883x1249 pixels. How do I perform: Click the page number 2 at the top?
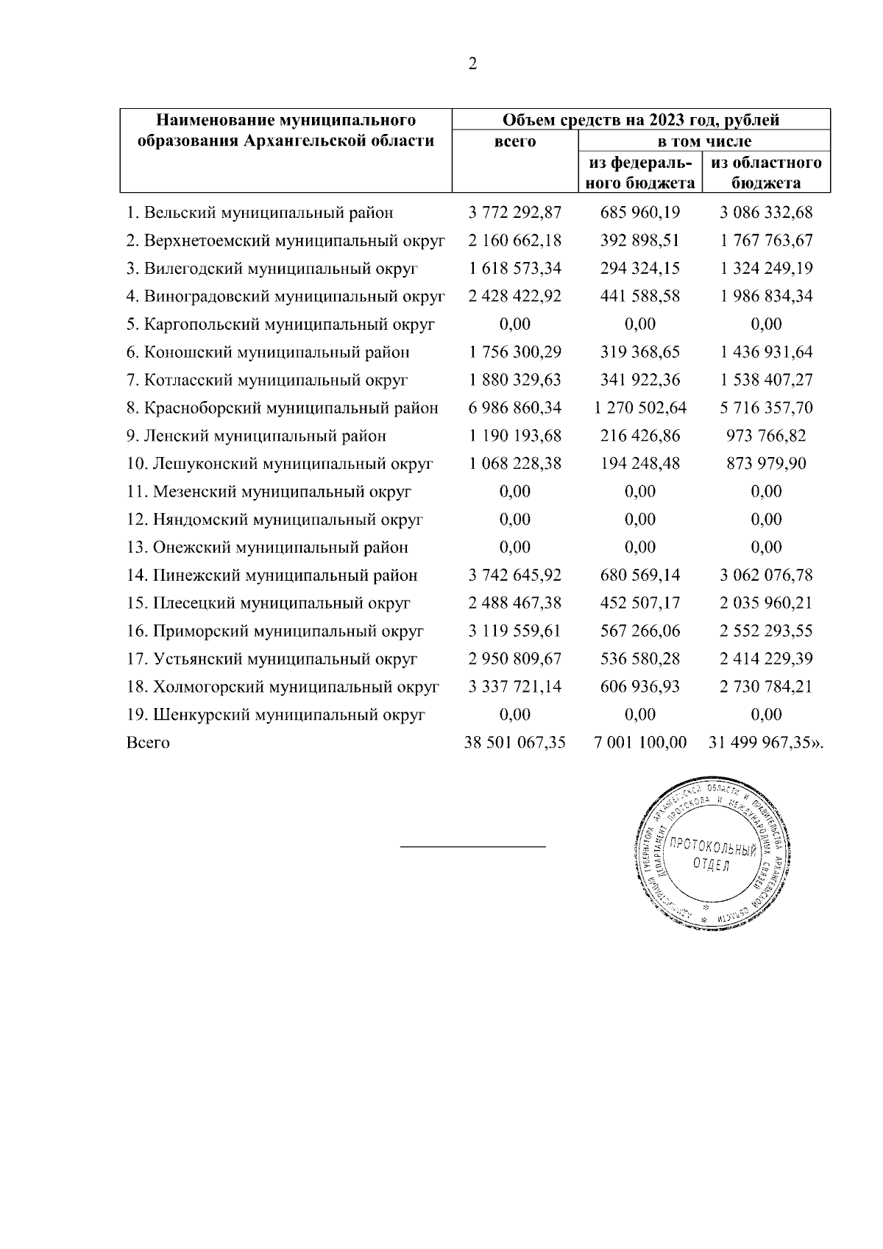[x=472, y=64]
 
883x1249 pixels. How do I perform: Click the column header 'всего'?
[x=515, y=141]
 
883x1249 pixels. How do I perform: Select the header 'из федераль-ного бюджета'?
[x=640, y=173]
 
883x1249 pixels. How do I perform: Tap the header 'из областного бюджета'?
[x=766, y=173]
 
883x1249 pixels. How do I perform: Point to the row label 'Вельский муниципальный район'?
[x=260, y=213]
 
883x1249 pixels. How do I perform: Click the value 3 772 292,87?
[x=515, y=213]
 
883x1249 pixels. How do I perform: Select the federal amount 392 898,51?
[x=640, y=241]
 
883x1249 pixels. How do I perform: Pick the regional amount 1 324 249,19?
[x=766, y=269]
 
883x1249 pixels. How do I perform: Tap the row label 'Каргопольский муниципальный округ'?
[x=280, y=325]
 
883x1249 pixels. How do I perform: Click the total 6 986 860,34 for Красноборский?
[x=515, y=408]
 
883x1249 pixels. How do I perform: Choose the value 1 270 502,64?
[x=640, y=408]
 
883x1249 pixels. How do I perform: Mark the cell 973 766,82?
[x=766, y=436]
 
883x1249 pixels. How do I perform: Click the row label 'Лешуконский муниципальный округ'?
[x=280, y=464]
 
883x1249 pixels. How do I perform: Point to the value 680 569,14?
[x=640, y=576]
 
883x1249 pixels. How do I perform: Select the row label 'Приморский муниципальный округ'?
[x=275, y=631]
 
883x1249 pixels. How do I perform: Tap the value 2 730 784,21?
[x=766, y=687]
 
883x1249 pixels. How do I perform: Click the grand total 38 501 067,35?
[x=515, y=743]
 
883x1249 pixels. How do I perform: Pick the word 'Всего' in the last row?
[x=148, y=743]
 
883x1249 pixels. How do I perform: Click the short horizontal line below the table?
[x=472, y=847]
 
